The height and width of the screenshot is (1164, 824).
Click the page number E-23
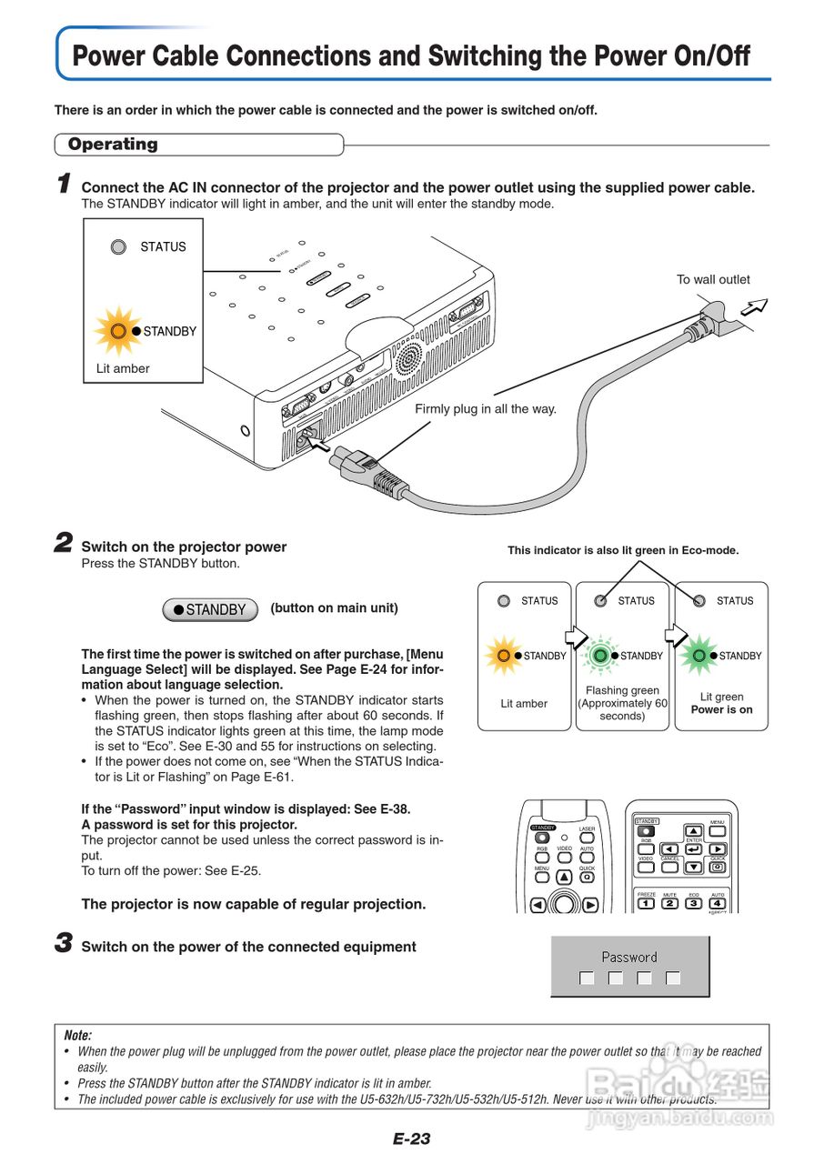tap(411, 1139)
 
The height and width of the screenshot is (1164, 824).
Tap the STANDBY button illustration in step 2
tap(211, 609)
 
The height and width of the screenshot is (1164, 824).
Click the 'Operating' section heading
tap(113, 145)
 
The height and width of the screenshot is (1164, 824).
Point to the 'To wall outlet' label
tap(713, 279)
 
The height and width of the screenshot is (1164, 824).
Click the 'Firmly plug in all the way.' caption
tap(485, 409)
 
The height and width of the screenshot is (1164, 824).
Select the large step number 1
tap(64, 185)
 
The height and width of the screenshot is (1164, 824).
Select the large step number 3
tap(64, 944)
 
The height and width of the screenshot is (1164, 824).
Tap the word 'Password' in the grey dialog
tap(628, 957)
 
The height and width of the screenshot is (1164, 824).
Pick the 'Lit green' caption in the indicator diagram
tap(721, 697)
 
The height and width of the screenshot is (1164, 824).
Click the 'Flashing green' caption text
tap(622, 690)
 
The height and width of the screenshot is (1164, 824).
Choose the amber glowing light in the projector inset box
tap(118, 331)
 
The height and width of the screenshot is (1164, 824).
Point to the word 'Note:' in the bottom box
tap(78, 1036)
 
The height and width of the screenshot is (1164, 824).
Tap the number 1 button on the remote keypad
tap(646, 903)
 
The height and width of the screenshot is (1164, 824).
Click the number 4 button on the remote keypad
tap(717, 903)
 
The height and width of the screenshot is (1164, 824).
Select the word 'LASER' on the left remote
tap(587, 829)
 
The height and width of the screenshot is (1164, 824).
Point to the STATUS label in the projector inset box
tap(162, 246)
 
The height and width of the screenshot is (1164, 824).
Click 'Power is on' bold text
tap(721, 709)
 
